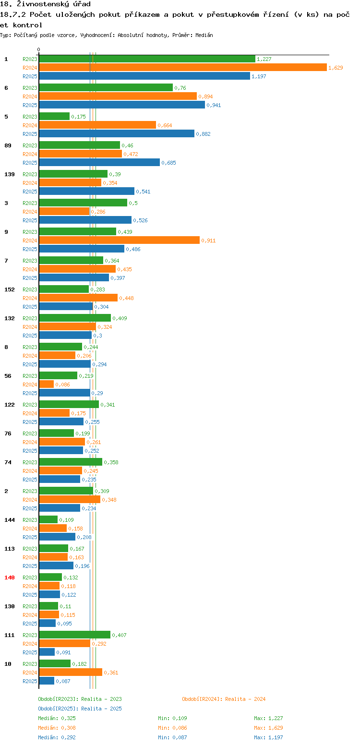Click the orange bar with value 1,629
pos(183,68)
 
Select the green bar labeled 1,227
pos(147,59)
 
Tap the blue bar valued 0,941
pos(122,105)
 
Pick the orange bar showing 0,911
pos(119,240)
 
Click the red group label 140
pos(9,578)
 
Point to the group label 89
pos(8,145)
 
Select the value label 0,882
pos(203,134)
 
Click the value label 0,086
pos(62,385)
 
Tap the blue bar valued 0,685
pos(99,163)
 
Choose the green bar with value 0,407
pos(74,635)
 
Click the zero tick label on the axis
pos(38,49)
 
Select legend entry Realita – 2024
pos(224,699)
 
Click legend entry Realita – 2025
pos(80,709)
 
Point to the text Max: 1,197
pos(268,737)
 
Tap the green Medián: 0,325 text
pos(57,718)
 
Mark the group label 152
pos(9,289)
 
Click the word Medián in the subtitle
pos(204,35)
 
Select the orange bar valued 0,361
pos(71,673)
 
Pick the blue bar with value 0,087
pos(47,681)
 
